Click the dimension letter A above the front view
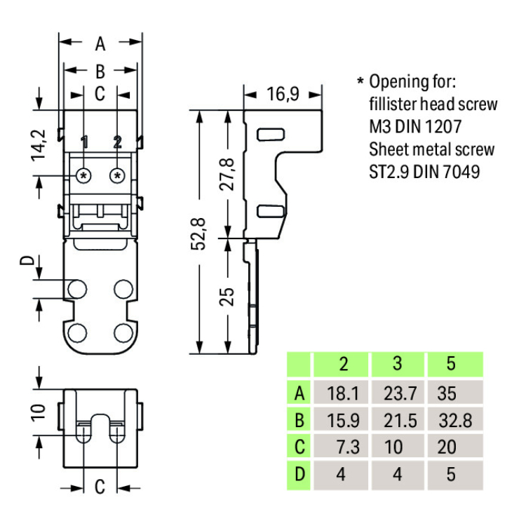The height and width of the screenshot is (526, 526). click(x=100, y=44)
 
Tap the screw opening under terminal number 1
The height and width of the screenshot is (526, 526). click(x=84, y=174)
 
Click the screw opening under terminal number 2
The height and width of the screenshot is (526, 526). click(x=118, y=174)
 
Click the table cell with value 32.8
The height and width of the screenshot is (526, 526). click(x=454, y=420)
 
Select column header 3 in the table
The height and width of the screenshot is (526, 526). click(x=398, y=364)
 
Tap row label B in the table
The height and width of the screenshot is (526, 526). click(x=299, y=420)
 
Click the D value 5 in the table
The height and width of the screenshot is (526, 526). click(x=451, y=474)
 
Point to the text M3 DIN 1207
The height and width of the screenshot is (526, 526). click(x=414, y=127)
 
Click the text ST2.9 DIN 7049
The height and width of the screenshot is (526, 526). click(x=424, y=171)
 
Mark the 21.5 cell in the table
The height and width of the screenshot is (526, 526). click(x=400, y=420)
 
